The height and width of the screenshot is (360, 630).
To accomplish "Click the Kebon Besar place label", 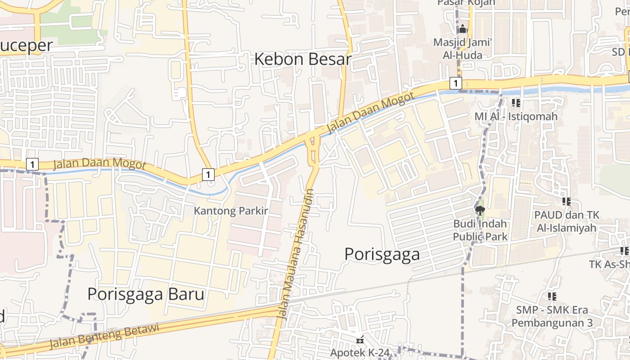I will [x=302, y=59].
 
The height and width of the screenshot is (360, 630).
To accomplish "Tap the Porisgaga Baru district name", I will [x=146, y=294].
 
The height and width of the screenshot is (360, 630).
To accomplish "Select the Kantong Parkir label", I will [x=231, y=211].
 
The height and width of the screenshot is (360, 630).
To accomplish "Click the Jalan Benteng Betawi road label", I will [x=104, y=336].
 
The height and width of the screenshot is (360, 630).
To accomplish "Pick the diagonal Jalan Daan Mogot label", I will [x=370, y=113].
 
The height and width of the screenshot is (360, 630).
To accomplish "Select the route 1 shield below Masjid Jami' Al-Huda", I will [x=455, y=83].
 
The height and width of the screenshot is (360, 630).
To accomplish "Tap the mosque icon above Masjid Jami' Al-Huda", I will [x=463, y=30].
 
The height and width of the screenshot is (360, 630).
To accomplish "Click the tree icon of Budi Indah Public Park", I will [x=480, y=210].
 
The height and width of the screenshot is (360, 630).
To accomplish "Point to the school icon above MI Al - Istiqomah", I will [x=516, y=103].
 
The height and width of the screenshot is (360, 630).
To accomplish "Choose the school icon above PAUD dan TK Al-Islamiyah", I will [x=566, y=202].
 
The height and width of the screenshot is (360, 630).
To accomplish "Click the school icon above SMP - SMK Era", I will [x=552, y=297].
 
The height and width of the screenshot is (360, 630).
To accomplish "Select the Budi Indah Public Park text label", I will [x=480, y=230].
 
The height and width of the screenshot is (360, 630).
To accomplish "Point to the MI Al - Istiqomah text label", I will [x=516, y=117].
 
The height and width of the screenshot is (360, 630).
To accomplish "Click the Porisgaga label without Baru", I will [x=382, y=254].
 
